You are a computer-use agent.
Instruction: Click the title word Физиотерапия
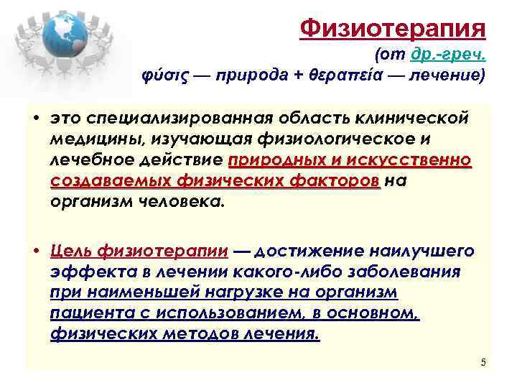pos(393,29)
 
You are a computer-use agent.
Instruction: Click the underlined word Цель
pos(71,251)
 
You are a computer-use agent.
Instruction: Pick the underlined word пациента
pos(85,314)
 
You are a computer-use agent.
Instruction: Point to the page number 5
pos(483,362)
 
